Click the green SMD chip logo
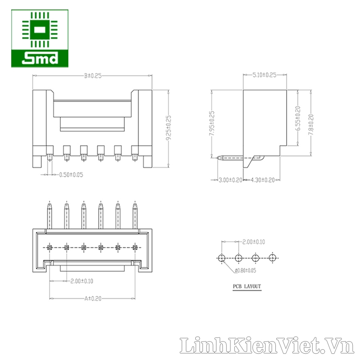(40, 38)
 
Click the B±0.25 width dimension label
(93, 76)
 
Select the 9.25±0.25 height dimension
(169, 128)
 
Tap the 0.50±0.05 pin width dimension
(71, 175)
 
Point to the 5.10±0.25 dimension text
(265, 75)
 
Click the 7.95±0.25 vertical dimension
(212, 123)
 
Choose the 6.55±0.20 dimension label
(298, 118)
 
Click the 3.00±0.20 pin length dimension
(230, 180)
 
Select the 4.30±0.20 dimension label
(263, 180)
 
